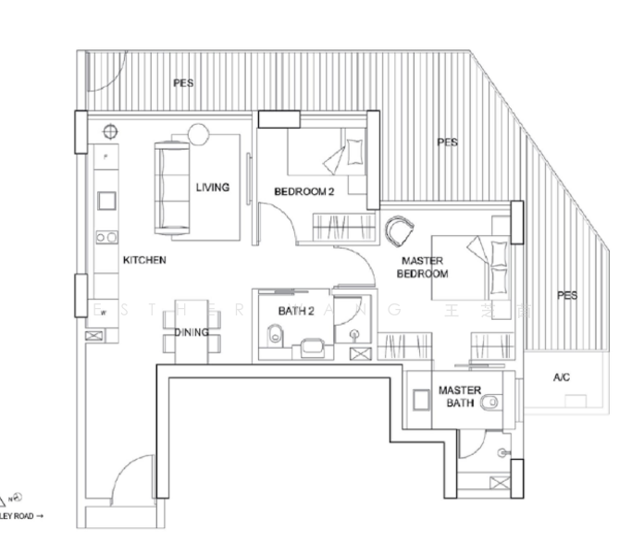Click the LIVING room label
pos(212,187)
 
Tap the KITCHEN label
pos(144,261)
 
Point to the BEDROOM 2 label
pos(303,191)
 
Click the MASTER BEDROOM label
pos(422,267)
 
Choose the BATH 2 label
pos(296,312)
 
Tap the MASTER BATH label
pos(460,397)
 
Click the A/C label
pos(562,377)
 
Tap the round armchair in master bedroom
pos(398,228)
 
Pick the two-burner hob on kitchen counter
pos(105,237)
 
